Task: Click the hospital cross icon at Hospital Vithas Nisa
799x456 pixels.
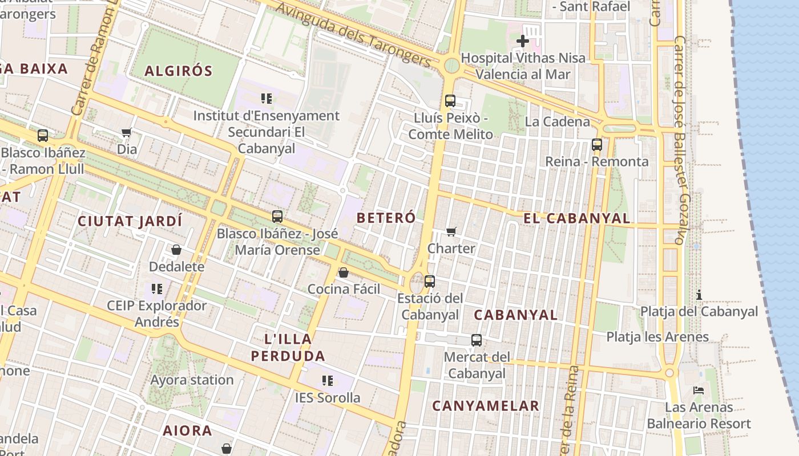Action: tap(522, 41)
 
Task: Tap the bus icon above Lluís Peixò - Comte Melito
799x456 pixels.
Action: tap(450, 101)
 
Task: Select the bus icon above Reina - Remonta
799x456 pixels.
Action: tap(597, 145)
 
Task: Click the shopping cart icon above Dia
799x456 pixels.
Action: tap(127, 132)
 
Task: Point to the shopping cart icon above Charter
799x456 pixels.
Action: tap(451, 231)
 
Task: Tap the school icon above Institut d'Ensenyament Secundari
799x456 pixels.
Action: tap(267, 99)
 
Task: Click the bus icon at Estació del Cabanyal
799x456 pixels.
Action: tap(430, 281)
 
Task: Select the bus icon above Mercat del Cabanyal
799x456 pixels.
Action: tap(477, 340)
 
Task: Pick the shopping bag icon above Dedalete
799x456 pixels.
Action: tap(176, 250)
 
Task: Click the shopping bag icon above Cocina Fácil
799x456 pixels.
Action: tap(344, 272)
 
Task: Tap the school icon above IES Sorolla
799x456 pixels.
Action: tap(328, 380)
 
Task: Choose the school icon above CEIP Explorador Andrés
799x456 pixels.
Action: tap(157, 289)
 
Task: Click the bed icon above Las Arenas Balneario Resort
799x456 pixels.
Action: tap(699, 390)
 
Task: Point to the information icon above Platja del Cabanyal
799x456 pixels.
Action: tap(699, 295)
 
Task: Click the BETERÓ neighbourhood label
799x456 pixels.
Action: tap(386, 218)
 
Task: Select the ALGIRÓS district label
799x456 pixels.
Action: tap(178, 71)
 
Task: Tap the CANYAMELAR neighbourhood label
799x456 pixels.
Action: tap(486, 406)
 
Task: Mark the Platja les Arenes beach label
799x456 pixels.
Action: tap(657, 337)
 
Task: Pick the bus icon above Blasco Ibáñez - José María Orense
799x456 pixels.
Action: tap(277, 217)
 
